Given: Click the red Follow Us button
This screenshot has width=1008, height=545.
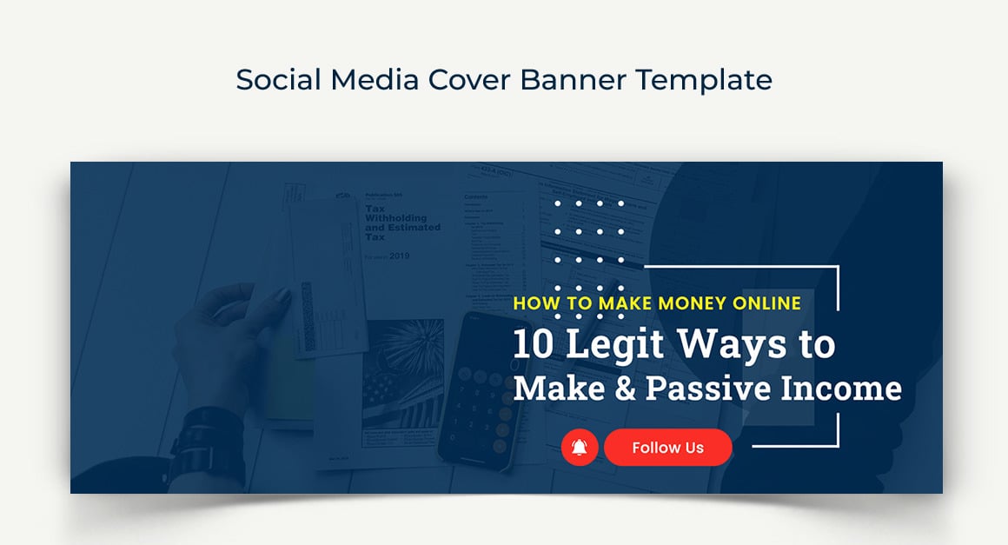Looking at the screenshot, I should coord(667,448).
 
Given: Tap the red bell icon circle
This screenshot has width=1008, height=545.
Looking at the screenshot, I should coord(580,448).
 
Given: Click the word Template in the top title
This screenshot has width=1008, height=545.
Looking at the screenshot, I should coord(704,80).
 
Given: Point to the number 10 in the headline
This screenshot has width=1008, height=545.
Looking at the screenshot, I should coord(534,345).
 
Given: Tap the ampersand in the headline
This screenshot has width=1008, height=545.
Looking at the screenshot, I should coord(626,388).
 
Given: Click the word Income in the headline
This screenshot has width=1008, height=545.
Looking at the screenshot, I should coord(840,388).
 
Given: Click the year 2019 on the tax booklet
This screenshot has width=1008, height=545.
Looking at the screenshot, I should coord(399,256).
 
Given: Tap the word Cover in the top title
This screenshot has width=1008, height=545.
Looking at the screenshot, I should coord(468,80).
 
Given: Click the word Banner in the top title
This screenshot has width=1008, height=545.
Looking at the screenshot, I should coord(574,80).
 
